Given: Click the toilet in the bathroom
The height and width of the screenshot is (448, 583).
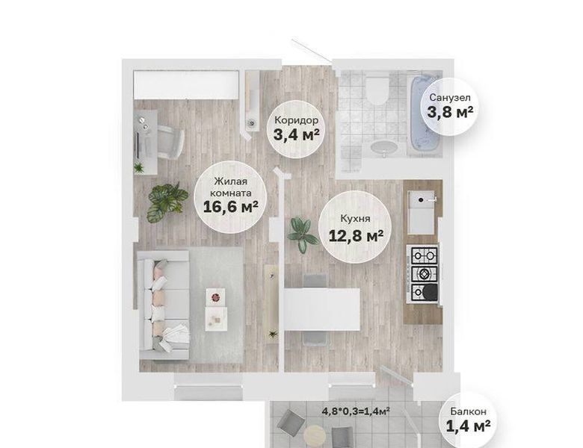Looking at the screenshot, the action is (x=377, y=88).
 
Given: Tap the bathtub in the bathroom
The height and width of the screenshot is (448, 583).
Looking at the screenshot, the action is (x=426, y=114).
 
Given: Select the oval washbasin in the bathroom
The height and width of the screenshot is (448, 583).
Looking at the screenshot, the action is (x=383, y=148).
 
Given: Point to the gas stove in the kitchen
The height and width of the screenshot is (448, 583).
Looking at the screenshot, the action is (x=424, y=274).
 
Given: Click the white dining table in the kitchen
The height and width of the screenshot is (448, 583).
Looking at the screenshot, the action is (x=322, y=309).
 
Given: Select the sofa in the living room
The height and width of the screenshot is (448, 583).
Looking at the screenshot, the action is (x=164, y=305).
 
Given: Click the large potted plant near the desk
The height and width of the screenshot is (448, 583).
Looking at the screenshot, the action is (x=166, y=202).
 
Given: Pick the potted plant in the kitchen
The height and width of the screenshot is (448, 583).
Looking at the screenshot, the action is (x=303, y=234).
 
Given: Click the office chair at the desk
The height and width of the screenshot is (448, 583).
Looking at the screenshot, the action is (x=170, y=141).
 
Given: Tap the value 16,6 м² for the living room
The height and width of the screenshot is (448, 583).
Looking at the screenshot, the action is (x=230, y=207).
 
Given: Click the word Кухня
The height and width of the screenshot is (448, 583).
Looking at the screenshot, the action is (x=355, y=219).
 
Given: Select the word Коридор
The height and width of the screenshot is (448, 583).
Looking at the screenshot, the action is (x=296, y=120).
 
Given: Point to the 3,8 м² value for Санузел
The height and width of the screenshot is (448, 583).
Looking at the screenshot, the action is (x=450, y=111).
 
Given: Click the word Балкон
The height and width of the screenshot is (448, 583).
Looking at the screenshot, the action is (x=468, y=411).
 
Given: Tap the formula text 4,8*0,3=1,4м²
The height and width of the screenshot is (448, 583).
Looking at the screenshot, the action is (x=356, y=411).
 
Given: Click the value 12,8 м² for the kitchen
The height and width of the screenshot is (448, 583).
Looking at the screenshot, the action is (x=357, y=235).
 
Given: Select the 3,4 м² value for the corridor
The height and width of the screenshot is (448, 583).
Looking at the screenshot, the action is (x=296, y=134).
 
